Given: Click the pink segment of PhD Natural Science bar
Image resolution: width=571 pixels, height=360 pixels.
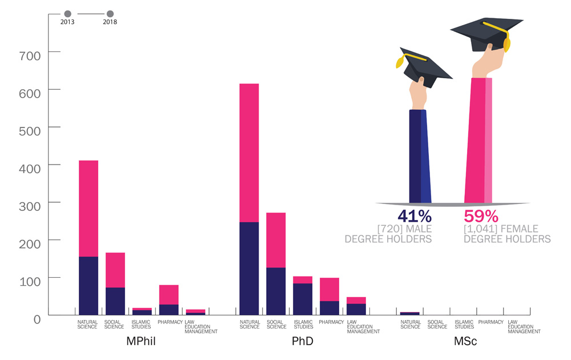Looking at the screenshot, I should point(249,153).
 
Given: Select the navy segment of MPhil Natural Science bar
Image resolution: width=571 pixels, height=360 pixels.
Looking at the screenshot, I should point(89,285).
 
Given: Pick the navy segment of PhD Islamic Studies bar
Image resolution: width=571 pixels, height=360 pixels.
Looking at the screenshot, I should point(303,299).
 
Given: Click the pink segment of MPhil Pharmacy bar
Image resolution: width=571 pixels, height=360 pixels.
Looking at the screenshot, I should point(168,294).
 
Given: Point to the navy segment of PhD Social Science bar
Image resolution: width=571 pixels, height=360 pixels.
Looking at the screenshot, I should point(276,291).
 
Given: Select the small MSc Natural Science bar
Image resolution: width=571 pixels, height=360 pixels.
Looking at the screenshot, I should point(409,313).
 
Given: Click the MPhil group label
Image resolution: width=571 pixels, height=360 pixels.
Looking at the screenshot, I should point(140,342).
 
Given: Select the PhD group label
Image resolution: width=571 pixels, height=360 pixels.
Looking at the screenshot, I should point(302,342).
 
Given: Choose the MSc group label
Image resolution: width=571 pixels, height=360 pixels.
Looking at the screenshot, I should point(465,342).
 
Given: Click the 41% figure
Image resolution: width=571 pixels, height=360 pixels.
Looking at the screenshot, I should point(415,217).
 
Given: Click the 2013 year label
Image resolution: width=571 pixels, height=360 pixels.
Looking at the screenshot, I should point(67,22).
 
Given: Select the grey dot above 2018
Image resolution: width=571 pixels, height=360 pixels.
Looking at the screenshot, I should point(110,13).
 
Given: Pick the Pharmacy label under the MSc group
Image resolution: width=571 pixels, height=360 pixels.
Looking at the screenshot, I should point(491,322).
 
